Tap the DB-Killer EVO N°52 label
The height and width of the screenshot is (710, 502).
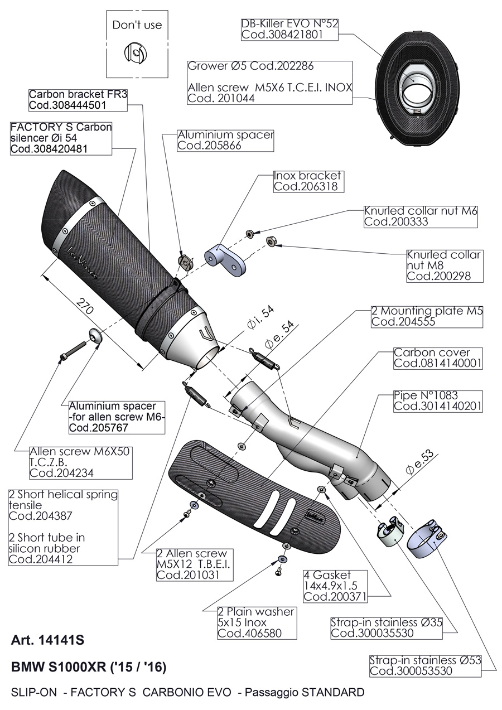(x=289, y=24)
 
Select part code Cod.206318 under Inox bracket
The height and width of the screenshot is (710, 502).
(x=305, y=187)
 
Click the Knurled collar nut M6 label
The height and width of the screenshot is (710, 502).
(x=421, y=211)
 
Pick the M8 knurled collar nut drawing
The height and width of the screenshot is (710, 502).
(x=272, y=241)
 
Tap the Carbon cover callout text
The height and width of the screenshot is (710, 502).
(x=432, y=352)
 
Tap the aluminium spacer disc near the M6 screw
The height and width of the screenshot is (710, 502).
(x=95, y=336)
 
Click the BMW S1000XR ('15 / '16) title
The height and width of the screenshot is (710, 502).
(x=88, y=667)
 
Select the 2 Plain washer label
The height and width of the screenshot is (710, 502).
(x=256, y=612)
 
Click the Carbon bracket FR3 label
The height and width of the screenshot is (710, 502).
(x=78, y=94)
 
